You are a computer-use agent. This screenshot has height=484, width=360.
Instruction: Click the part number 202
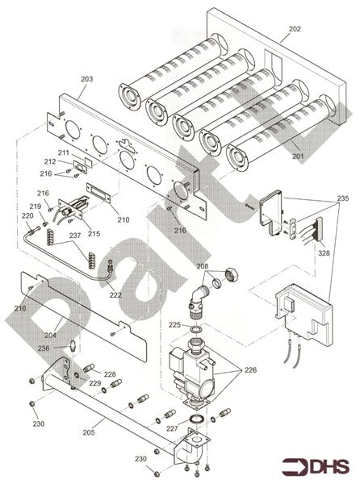click(x=295, y=28)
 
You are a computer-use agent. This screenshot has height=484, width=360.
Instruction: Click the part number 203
click(x=87, y=79)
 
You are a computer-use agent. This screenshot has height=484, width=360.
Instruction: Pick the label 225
click(x=174, y=325)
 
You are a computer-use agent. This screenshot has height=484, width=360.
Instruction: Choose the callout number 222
click(x=115, y=295)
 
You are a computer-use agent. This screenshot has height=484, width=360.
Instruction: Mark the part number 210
click(x=123, y=219)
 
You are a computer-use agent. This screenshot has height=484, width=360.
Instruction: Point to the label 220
click(x=27, y=216)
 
